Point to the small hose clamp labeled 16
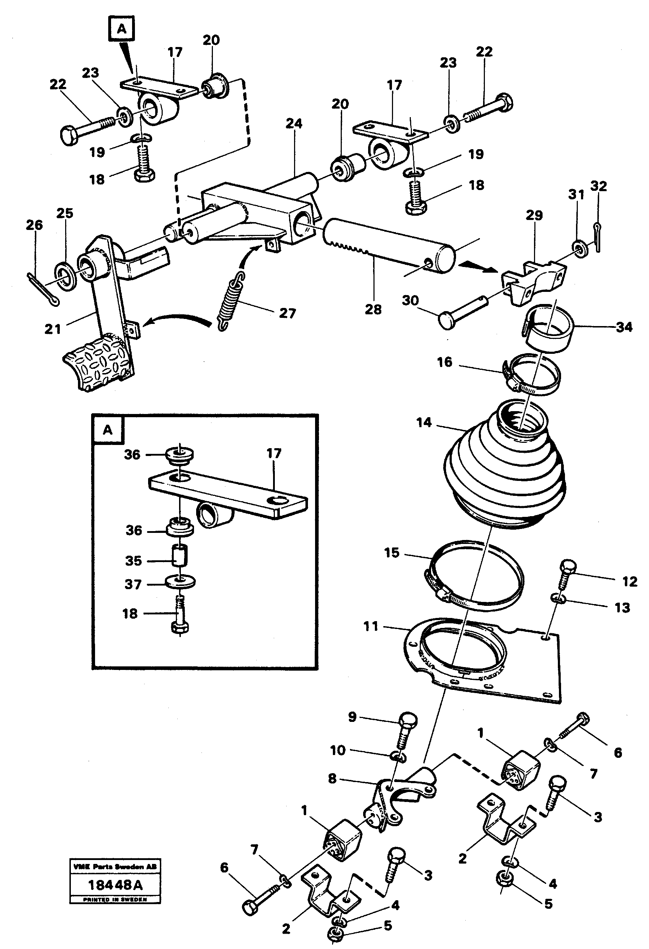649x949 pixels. point(531,372)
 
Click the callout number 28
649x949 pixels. point(372,310)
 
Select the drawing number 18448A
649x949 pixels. point(115,885)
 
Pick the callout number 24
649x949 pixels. point(294,123)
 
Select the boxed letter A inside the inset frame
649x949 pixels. point(108,430)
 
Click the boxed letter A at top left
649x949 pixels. point(121,29)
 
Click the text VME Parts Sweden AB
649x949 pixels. point(115,866)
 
